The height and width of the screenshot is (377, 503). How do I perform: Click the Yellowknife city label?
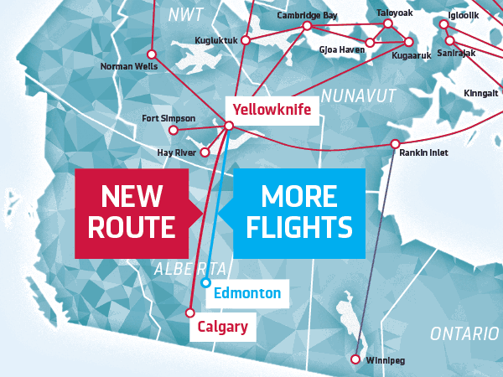click(x=272, y=110)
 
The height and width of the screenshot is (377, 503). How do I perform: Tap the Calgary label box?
click(x=223, y=327)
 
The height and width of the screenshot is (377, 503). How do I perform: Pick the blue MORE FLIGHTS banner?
click(x=298, y=212)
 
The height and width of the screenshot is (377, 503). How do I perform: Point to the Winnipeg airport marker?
click(x=355, y=359)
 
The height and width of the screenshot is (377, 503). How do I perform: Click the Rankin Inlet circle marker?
click(x=395, y=144)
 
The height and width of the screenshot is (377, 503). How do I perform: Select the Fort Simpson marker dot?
click(x=174, y=130)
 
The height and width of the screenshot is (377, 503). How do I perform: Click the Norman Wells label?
click(x=129, y=65)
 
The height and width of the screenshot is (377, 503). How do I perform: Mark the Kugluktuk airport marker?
click(x=245, y=39)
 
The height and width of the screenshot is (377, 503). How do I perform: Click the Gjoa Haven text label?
click(x=341, y=49)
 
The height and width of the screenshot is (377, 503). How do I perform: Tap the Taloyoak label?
click(x=395, y=13)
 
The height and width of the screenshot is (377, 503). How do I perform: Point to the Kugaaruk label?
click(x=411, y=55)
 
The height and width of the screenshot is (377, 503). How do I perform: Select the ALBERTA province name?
click(x=190, y=269)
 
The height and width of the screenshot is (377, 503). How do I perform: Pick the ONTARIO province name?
click(x=464, y=334)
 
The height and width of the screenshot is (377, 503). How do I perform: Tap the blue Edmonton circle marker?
click(x=205, y=283)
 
